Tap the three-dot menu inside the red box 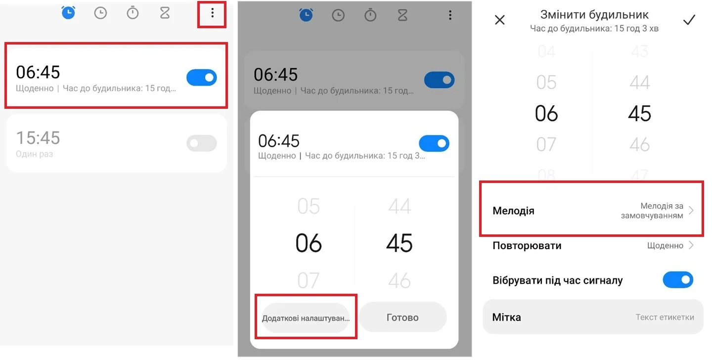coord(212,13)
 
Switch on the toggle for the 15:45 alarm coord(202,143)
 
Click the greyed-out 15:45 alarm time coord(38,138)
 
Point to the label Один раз coord(34,154)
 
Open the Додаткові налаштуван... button coord(306,317)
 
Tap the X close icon coord(500,20)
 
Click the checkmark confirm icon coord(689,20)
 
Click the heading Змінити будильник coord(594,15)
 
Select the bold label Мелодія coord(513,211)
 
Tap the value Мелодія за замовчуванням coord(652,211)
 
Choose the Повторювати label coord(527,245)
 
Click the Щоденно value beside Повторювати coord(666,245)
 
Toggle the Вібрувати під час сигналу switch coord(678,280)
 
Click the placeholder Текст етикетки coord(665,317)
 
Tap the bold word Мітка coord(506,317)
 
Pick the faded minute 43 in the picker coord(639,51)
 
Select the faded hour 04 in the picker coord(546,51)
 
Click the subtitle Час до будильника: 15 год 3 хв coord(594,29)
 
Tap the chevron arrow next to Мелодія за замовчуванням coord(691,211)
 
